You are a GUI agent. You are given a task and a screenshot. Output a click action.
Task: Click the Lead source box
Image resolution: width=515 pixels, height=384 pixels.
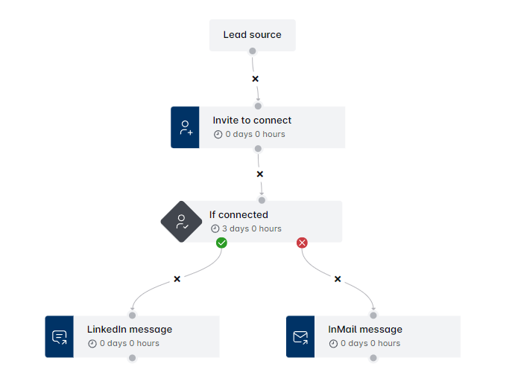[x=252, y=35]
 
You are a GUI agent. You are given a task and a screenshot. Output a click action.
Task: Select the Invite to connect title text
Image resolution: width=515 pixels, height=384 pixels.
[x=252, y=121]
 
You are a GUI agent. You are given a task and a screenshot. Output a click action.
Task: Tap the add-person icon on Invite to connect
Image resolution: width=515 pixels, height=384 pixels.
[x=185, y=127]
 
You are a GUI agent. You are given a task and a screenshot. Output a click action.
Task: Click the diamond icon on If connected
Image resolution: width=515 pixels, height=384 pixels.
[x=182, y=222]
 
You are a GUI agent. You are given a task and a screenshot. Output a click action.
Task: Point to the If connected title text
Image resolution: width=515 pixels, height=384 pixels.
[x=238, y=215]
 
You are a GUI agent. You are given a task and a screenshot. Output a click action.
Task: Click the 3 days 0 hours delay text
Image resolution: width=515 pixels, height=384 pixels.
[x=251, y=229]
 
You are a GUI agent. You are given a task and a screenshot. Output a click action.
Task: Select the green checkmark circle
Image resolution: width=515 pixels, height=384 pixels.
[x=221, y=243]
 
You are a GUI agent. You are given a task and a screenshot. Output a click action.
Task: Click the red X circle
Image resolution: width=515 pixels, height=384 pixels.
[x=302, y=243]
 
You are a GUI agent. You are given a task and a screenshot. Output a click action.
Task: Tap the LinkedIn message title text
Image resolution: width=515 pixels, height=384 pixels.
[x=130, y=330]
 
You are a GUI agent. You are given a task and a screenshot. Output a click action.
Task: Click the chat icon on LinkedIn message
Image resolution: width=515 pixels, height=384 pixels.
[x=60, y=337]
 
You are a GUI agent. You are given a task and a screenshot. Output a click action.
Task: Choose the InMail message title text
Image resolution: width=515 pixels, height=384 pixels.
[x=365, y=330]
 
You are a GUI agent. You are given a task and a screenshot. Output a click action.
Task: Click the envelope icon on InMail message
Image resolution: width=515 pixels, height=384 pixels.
[x=300, y=337]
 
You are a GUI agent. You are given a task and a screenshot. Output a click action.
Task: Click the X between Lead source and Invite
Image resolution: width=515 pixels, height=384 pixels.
[x=255, y=78]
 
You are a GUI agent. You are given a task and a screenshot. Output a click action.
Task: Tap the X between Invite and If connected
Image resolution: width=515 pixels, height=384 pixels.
[x=259, y=174]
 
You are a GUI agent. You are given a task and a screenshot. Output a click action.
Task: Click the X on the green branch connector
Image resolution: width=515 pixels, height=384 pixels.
[x=177, y=279]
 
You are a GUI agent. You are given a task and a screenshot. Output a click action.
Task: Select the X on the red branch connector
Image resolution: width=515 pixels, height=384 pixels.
[x=338, y=279]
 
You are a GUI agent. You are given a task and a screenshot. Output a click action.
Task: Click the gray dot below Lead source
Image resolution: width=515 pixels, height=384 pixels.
[x=253, y=51]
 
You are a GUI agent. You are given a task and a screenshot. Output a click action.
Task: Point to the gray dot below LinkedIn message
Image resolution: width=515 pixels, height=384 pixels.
[x=132, y=358]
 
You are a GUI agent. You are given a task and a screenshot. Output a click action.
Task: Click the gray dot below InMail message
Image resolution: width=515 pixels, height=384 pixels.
[x=373, y=358]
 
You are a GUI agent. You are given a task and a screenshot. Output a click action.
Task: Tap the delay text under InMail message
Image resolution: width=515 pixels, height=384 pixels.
[x=370, y=344]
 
